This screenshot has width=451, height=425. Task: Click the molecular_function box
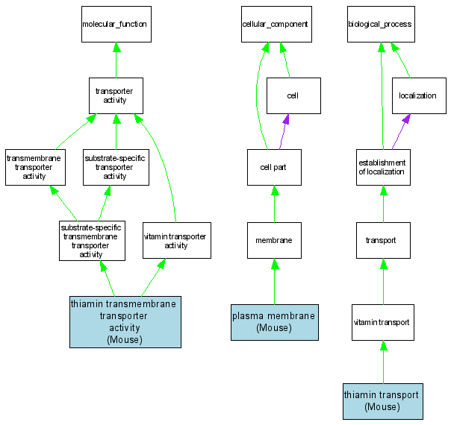tap(116, 25)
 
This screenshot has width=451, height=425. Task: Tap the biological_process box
tap(380, 25)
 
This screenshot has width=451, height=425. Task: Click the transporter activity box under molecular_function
tap(116, 95)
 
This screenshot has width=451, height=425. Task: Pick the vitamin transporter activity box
tap(176, 240)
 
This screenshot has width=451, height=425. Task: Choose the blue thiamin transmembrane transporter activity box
tap(125, 322)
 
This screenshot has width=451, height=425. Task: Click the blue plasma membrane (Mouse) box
tap(274, 322)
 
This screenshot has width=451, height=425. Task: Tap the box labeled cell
tap(293, 96)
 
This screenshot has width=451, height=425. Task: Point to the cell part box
tap(274, 167)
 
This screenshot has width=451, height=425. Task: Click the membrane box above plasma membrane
tap(274, 240)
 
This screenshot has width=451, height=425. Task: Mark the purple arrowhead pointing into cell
tap(286, 119)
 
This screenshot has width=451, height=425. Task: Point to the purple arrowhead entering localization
tap(406, 119)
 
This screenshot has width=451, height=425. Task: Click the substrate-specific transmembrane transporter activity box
tap(91, 240)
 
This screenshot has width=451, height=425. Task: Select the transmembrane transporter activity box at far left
tap(34, 167)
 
